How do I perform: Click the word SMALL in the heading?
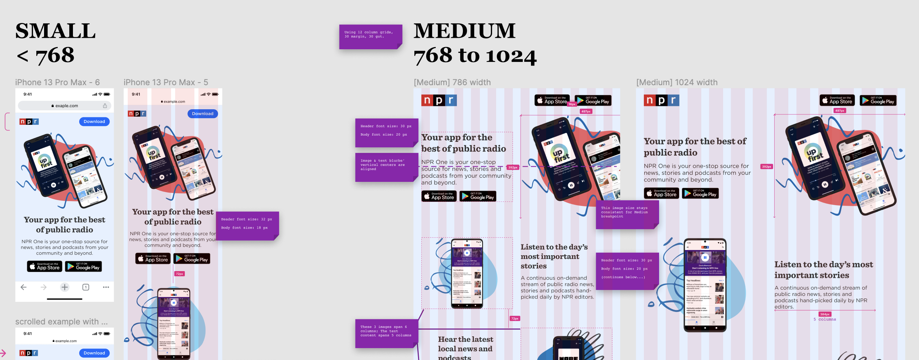pos(56,31)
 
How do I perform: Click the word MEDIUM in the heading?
pos(464,31)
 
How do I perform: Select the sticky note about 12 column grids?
pos(370,36)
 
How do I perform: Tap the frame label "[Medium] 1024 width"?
pos(676,82)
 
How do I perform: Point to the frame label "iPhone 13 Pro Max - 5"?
pos(166,82)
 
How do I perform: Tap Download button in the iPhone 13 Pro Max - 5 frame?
pos(203,114)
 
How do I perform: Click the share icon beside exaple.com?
pos(105,106)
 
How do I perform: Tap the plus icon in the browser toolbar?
pos(65,287)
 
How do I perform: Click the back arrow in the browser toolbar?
pos(24,287)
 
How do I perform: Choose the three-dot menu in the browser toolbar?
pos(106,287)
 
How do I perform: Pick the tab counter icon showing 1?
pos(86,287)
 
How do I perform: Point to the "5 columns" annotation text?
pos(825,319)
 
